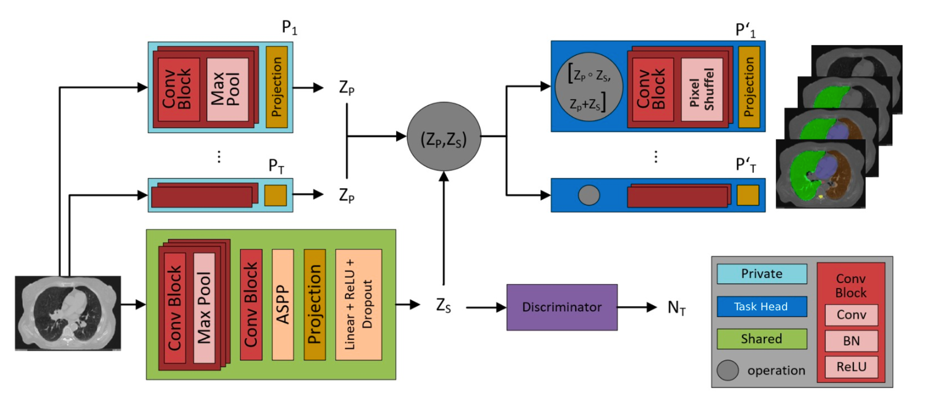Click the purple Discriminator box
[561, 307]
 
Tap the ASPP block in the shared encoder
[282, 305]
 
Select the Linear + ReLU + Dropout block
[358, 305]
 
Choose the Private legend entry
[761, 274]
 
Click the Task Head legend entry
[761, 306]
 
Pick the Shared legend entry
[761, 339]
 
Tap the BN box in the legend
[851, 341]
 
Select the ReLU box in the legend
[851, 367]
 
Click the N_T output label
[676, 308]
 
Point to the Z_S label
[443, 305]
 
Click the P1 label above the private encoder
[289, 27]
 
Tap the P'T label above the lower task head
[745, 164]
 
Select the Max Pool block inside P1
[227, 89]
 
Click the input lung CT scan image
[67, 313]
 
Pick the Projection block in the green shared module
[314, 305]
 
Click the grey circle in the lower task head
[588, 195]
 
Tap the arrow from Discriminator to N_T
[637, 307]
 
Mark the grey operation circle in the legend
[728, 370]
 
